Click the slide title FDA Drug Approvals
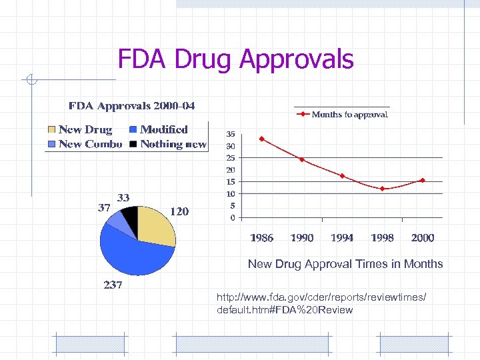pos(235,59)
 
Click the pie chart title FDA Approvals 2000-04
pos(132,106)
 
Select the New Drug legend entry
pos(79,129)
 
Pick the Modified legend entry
pos(158,129)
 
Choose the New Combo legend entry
pos(84,144)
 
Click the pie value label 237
pos(113,285)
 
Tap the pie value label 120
pos(179,211)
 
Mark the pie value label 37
pos(104,207)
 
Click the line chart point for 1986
pos(262,139)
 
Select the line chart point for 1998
pos(382,189)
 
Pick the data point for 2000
pos(422,180)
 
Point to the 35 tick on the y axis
pos(230,133)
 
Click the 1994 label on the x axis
pos(342,237)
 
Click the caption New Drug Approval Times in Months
pos(345,264)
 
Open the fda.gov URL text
pos(321,303)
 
